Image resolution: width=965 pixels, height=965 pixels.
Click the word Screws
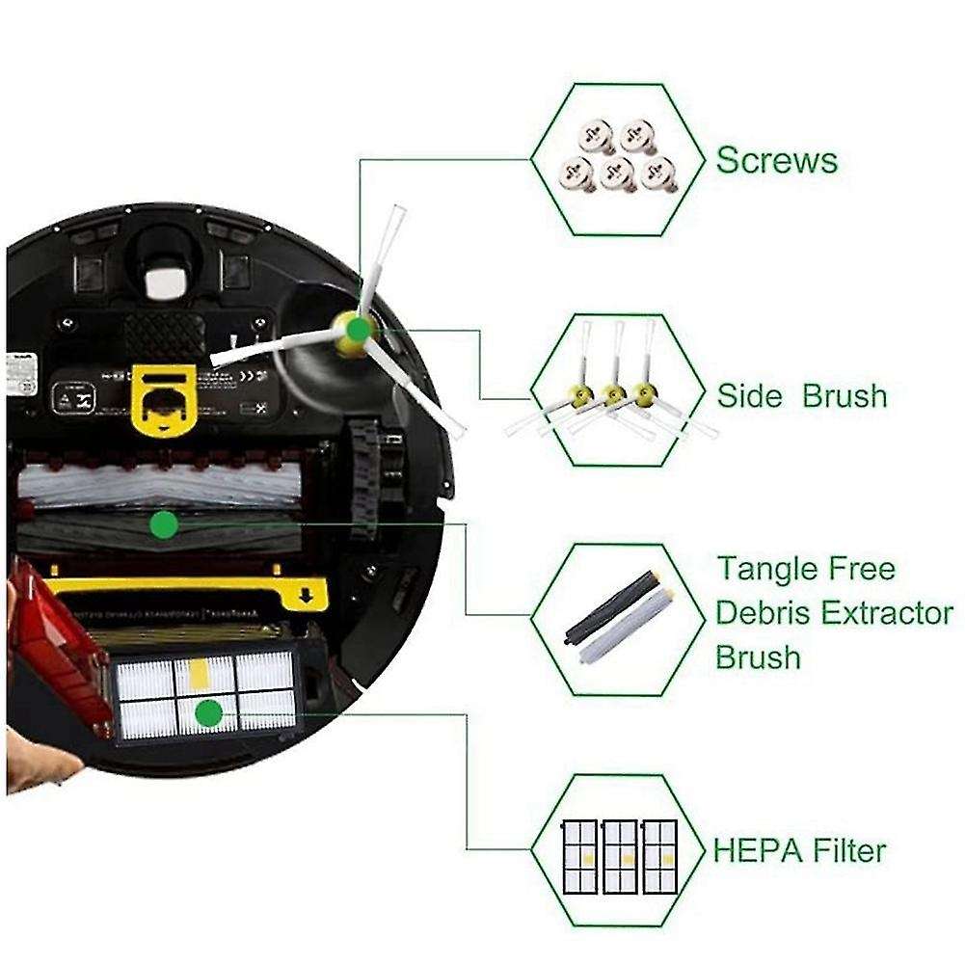[x=776, y=160]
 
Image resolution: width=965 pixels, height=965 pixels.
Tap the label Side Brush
[x=801, y=395]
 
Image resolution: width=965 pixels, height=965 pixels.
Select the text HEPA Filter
[x=799, y=851]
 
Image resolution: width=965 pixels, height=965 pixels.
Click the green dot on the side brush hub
[x=358, y=330]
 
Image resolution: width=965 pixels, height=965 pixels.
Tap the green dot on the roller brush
[x=164, y=525]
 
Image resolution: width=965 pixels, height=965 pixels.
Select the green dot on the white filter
[x=207, y=713]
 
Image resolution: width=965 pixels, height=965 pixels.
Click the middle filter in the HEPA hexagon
[x=618, y=855]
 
